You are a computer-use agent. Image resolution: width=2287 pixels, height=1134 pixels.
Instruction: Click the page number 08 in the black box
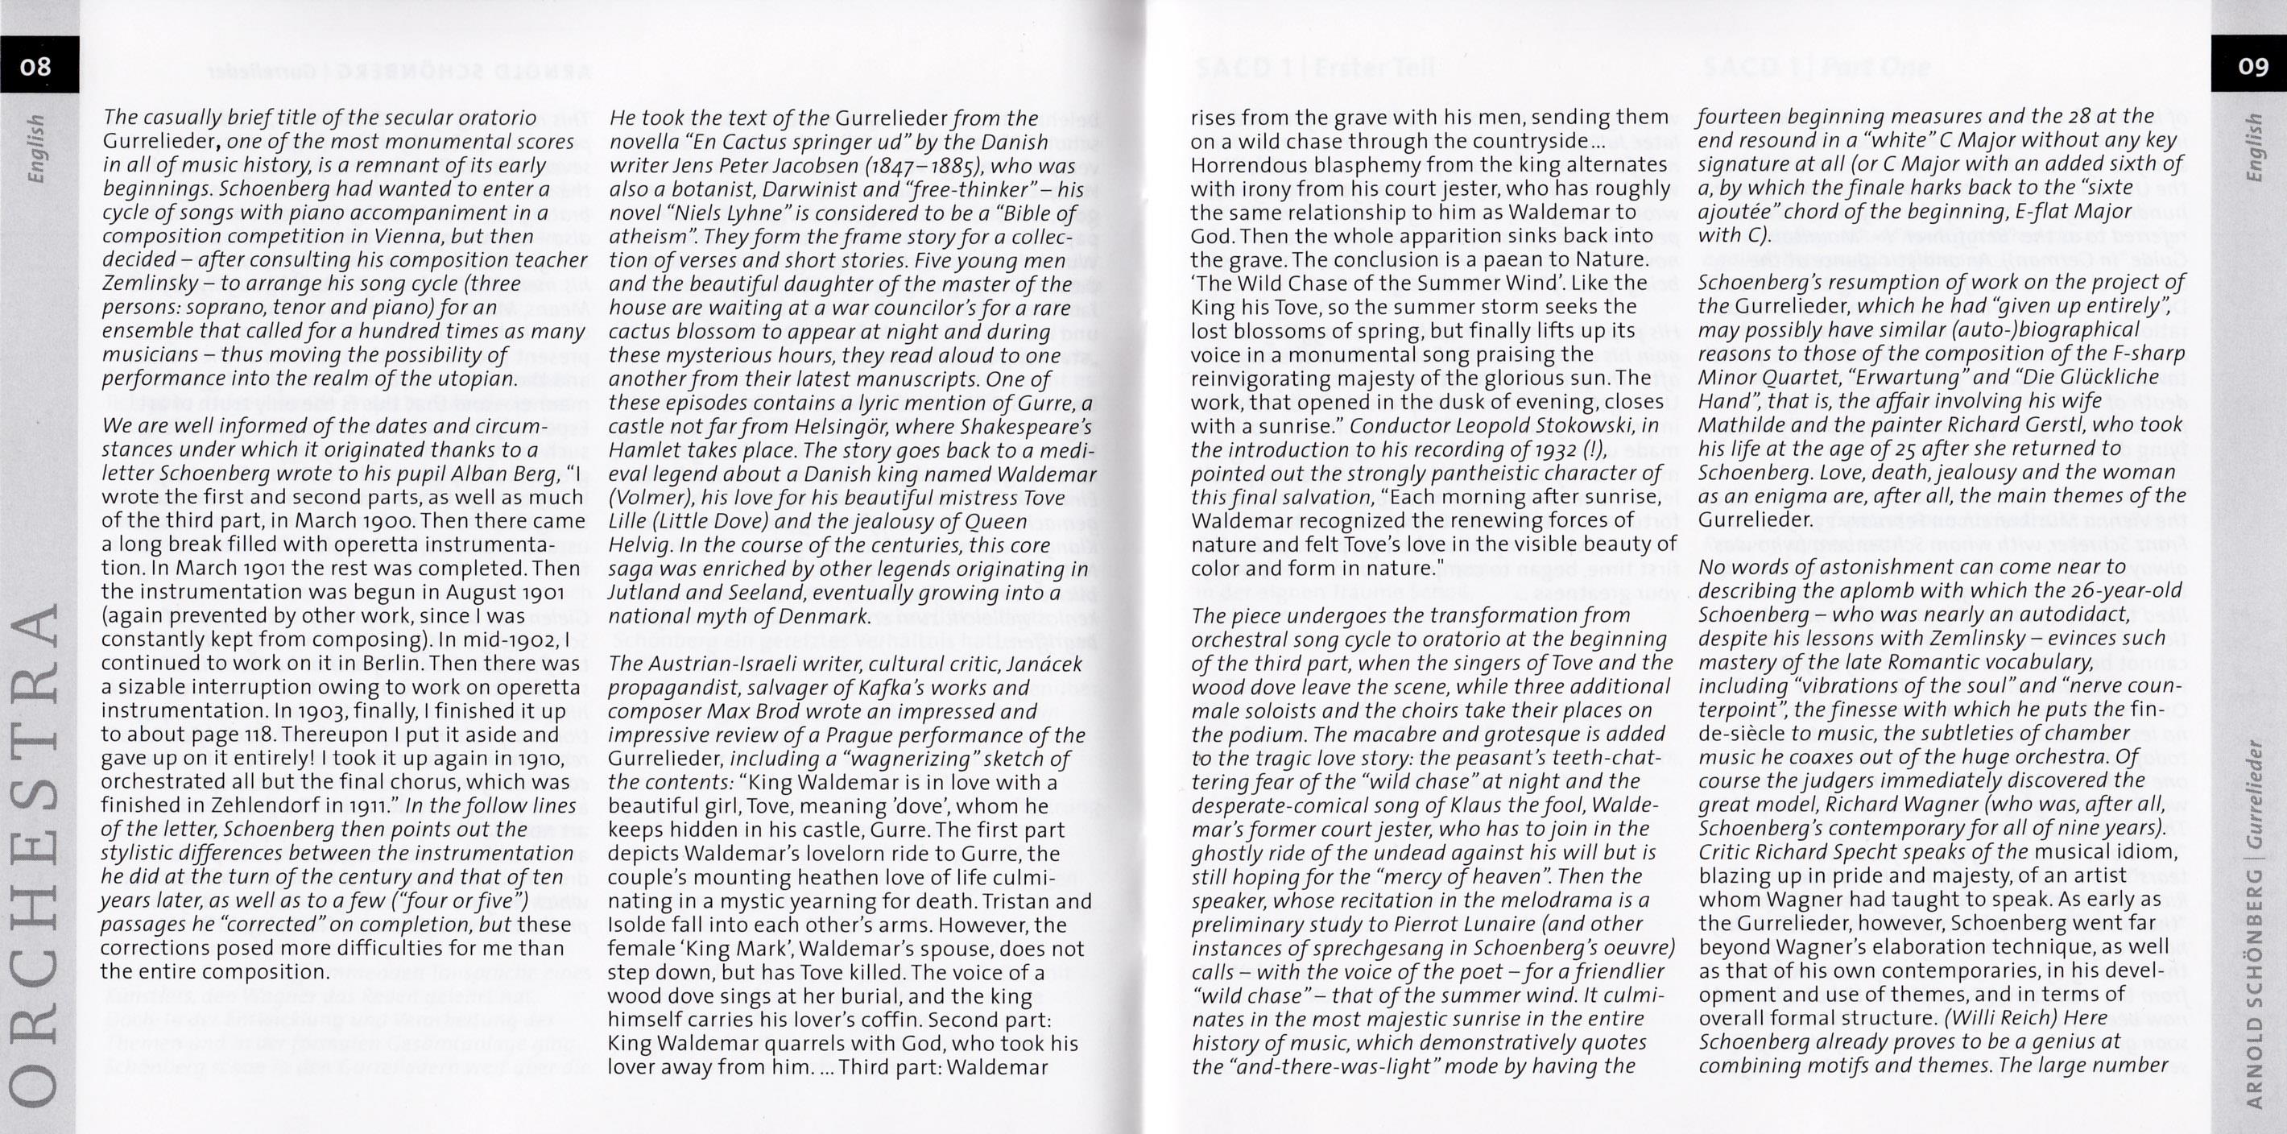click(36, 67)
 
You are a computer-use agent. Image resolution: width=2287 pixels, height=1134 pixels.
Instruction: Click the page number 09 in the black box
click(2252, 67)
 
